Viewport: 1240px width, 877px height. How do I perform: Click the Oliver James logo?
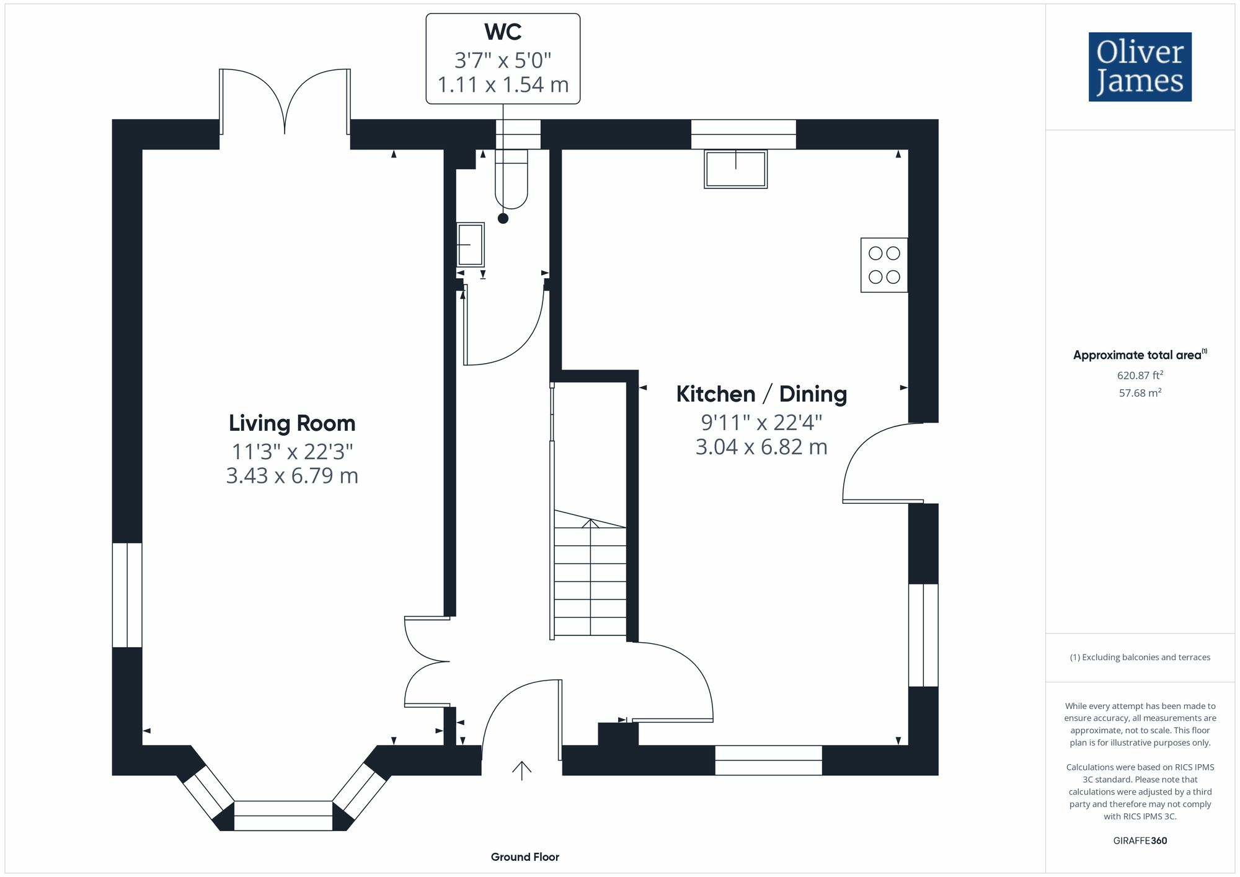coord(1140,67)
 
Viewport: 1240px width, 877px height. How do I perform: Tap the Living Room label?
coord(292,423)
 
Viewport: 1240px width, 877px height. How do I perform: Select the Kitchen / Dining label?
coord(761,394)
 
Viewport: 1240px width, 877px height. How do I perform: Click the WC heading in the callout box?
coord(503,32)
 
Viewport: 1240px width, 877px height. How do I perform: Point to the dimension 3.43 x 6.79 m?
coord(292,476)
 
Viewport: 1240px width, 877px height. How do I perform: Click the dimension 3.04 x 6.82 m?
coord(761,447)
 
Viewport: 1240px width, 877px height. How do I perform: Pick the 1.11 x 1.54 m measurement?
coord(503,85)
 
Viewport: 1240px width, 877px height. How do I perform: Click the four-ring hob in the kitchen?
coord(884,265)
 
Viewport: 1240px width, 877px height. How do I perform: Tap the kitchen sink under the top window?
coord(736,169)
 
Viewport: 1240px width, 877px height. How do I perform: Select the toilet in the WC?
coord(511,180)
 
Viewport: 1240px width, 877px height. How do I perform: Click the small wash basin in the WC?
coord(470,245)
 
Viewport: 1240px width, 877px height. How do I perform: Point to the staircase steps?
coord(590,580)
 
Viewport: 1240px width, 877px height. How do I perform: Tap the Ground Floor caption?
coord(525,857)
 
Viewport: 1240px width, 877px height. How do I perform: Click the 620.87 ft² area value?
coord(1140,375)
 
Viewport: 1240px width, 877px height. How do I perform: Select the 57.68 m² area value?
coord(1140,393)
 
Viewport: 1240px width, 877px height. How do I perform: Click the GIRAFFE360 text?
coord(1140,841)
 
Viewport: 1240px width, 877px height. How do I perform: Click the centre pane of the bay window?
coord(283,816)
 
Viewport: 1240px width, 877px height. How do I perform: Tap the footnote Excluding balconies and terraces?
coord(1140,658)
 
